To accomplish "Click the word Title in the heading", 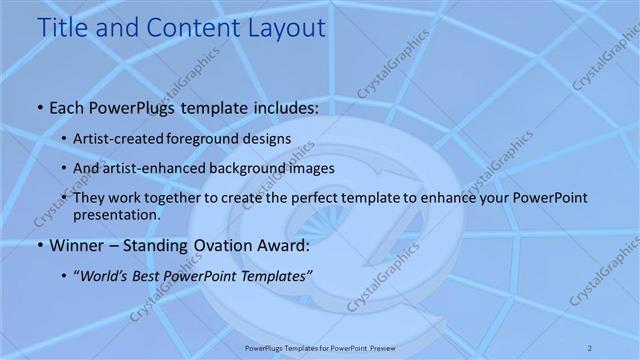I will [65, 27].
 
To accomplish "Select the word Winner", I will [76, 245].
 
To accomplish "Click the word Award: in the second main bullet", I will [283, 245].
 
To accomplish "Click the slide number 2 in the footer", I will [591, 347].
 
